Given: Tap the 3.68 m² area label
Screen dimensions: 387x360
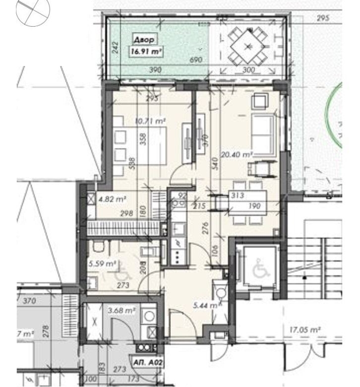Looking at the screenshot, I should (121, 311).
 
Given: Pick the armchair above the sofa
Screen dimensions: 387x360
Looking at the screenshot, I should (259, 101).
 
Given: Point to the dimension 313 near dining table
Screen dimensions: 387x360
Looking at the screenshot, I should (237, 195).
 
